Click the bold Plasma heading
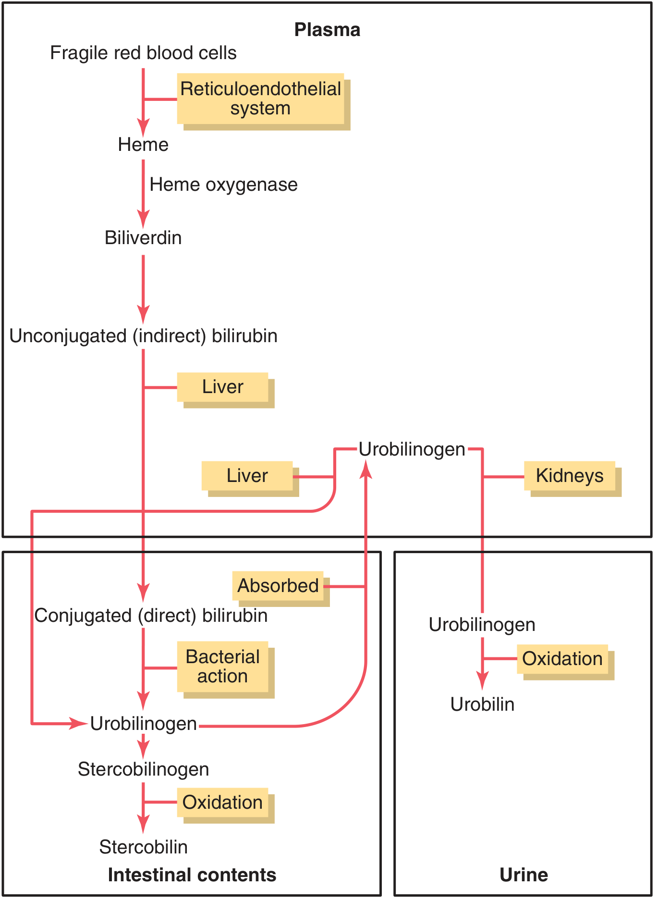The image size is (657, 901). pyautogui.click(x=327, y=30)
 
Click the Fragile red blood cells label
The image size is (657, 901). pyautogui.click(x=143, y=53)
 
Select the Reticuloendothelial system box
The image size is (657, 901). pyautogui.click(x=260, y=99)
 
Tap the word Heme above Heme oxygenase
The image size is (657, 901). pyautogui.click(x=143, y=145)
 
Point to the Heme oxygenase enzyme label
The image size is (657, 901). pyautogui.click(x=223, y=185)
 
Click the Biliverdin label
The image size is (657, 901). pyautogui.click(x=143, y=238)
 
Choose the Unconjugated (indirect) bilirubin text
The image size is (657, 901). pyautogui.click(x=143, y=336)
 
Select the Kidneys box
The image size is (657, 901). pyautogui.click(x=570, y=476)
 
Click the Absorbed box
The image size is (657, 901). pyautogui.click(x=278, y=586)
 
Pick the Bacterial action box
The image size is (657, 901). pyautogui.click(x=222, y=666)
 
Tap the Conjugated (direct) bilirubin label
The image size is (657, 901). pyautogui.click(x=151, y=616)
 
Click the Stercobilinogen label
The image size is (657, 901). pyautogui.click(x=143, y=769)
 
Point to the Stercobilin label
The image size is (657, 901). pyautogui.click(x=143, y=847)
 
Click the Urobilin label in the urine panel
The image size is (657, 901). pyautogui.click(x=482, y=704)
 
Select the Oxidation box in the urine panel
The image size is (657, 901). pyautogui.click(x=562, y=659)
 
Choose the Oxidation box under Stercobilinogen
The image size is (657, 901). pyautogui.click(x=222, y=802)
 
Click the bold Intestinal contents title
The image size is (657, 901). pyautogui.click(x=192, y=875)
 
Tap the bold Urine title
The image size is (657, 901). pyautogui.click(x=523, y=875)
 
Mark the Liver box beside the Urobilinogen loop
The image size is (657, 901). pyautogui.click(x=247, y=476)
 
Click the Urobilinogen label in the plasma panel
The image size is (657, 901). pyautogui.click(x=412, y=449)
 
